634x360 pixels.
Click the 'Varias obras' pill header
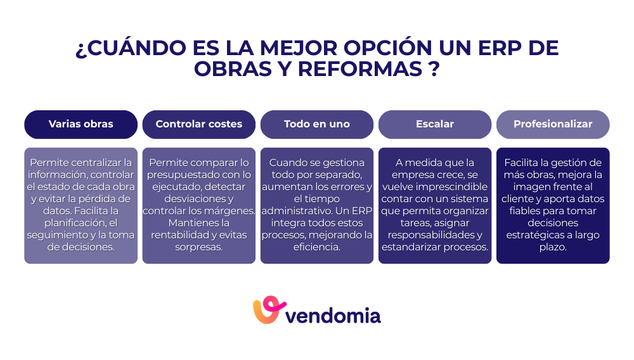coord(81,124)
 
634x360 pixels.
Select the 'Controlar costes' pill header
coord(198,124)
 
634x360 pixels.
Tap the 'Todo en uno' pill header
coord(316,124)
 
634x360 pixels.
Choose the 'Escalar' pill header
coord(435,124)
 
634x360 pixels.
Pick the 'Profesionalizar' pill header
coord(553,124)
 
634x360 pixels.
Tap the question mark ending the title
coord(434,68)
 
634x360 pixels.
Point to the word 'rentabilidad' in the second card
coord(182,235)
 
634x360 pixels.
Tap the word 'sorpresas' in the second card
coord(198,247)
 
